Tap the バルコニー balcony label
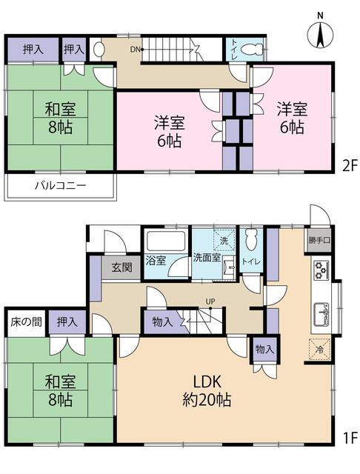(60, 185)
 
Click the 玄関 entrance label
(123, 267)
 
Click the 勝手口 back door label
(317, 241)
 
